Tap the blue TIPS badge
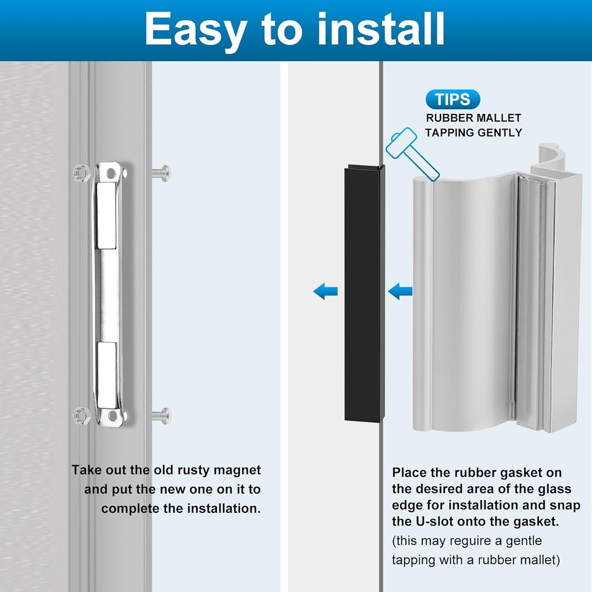(453, 99)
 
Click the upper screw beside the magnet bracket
(161, 172)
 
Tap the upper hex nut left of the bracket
(81, 172)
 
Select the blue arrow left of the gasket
(325, 291)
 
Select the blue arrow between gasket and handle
(400, 291)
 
